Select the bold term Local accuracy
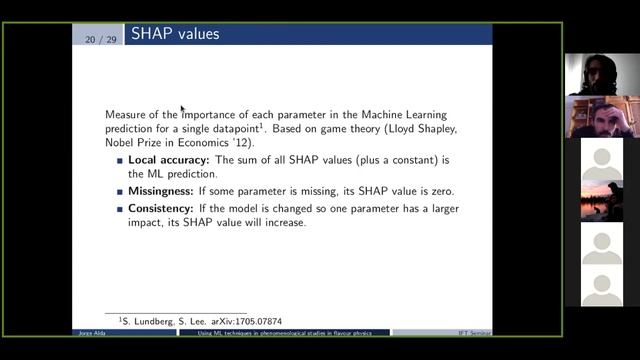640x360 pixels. tap(169, 160)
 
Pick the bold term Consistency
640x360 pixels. tap(164, 208)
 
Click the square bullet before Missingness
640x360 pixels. tap(120, 191)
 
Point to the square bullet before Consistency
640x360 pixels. tap(120, 208)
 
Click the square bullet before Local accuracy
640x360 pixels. tap(120, 160)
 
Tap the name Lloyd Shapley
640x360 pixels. tap(411, 129)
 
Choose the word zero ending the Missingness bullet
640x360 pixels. tap(440, 191)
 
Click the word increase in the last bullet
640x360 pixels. tap(286, 222)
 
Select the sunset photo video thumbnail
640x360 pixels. tap(602, 201)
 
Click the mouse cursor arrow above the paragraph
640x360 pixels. tap(182, 108)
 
